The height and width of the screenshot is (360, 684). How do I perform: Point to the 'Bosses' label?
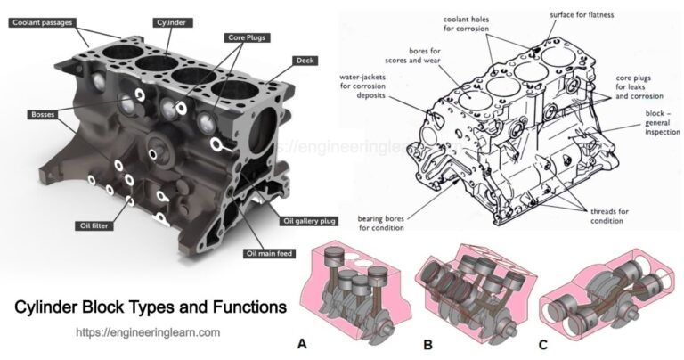(42, 115)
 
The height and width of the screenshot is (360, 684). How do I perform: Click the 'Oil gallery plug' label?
(306, 220)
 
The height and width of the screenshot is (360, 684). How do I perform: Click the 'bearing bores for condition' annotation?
(382, 223)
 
